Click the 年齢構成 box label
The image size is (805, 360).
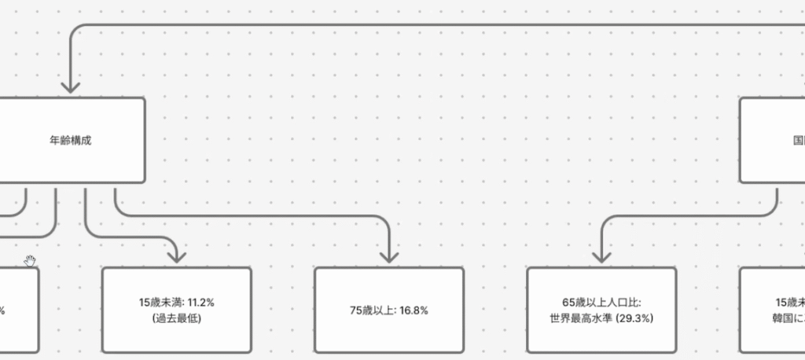(x=76, y=141)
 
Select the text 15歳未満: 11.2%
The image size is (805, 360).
(x=177, y=302)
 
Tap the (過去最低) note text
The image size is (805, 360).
(x=177, y=318)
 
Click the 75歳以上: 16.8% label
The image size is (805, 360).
(x=389, y=310)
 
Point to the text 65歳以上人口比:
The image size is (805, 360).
(x=601, y=302)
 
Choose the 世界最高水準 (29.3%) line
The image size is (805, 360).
(x=601, y=318)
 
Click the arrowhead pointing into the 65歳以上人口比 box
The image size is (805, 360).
(x=601, y=256)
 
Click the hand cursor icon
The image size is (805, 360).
(x=30, y=261)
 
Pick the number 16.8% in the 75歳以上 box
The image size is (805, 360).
(x=414, y=310)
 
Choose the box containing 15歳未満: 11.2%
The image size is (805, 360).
(x=177, y=338)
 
